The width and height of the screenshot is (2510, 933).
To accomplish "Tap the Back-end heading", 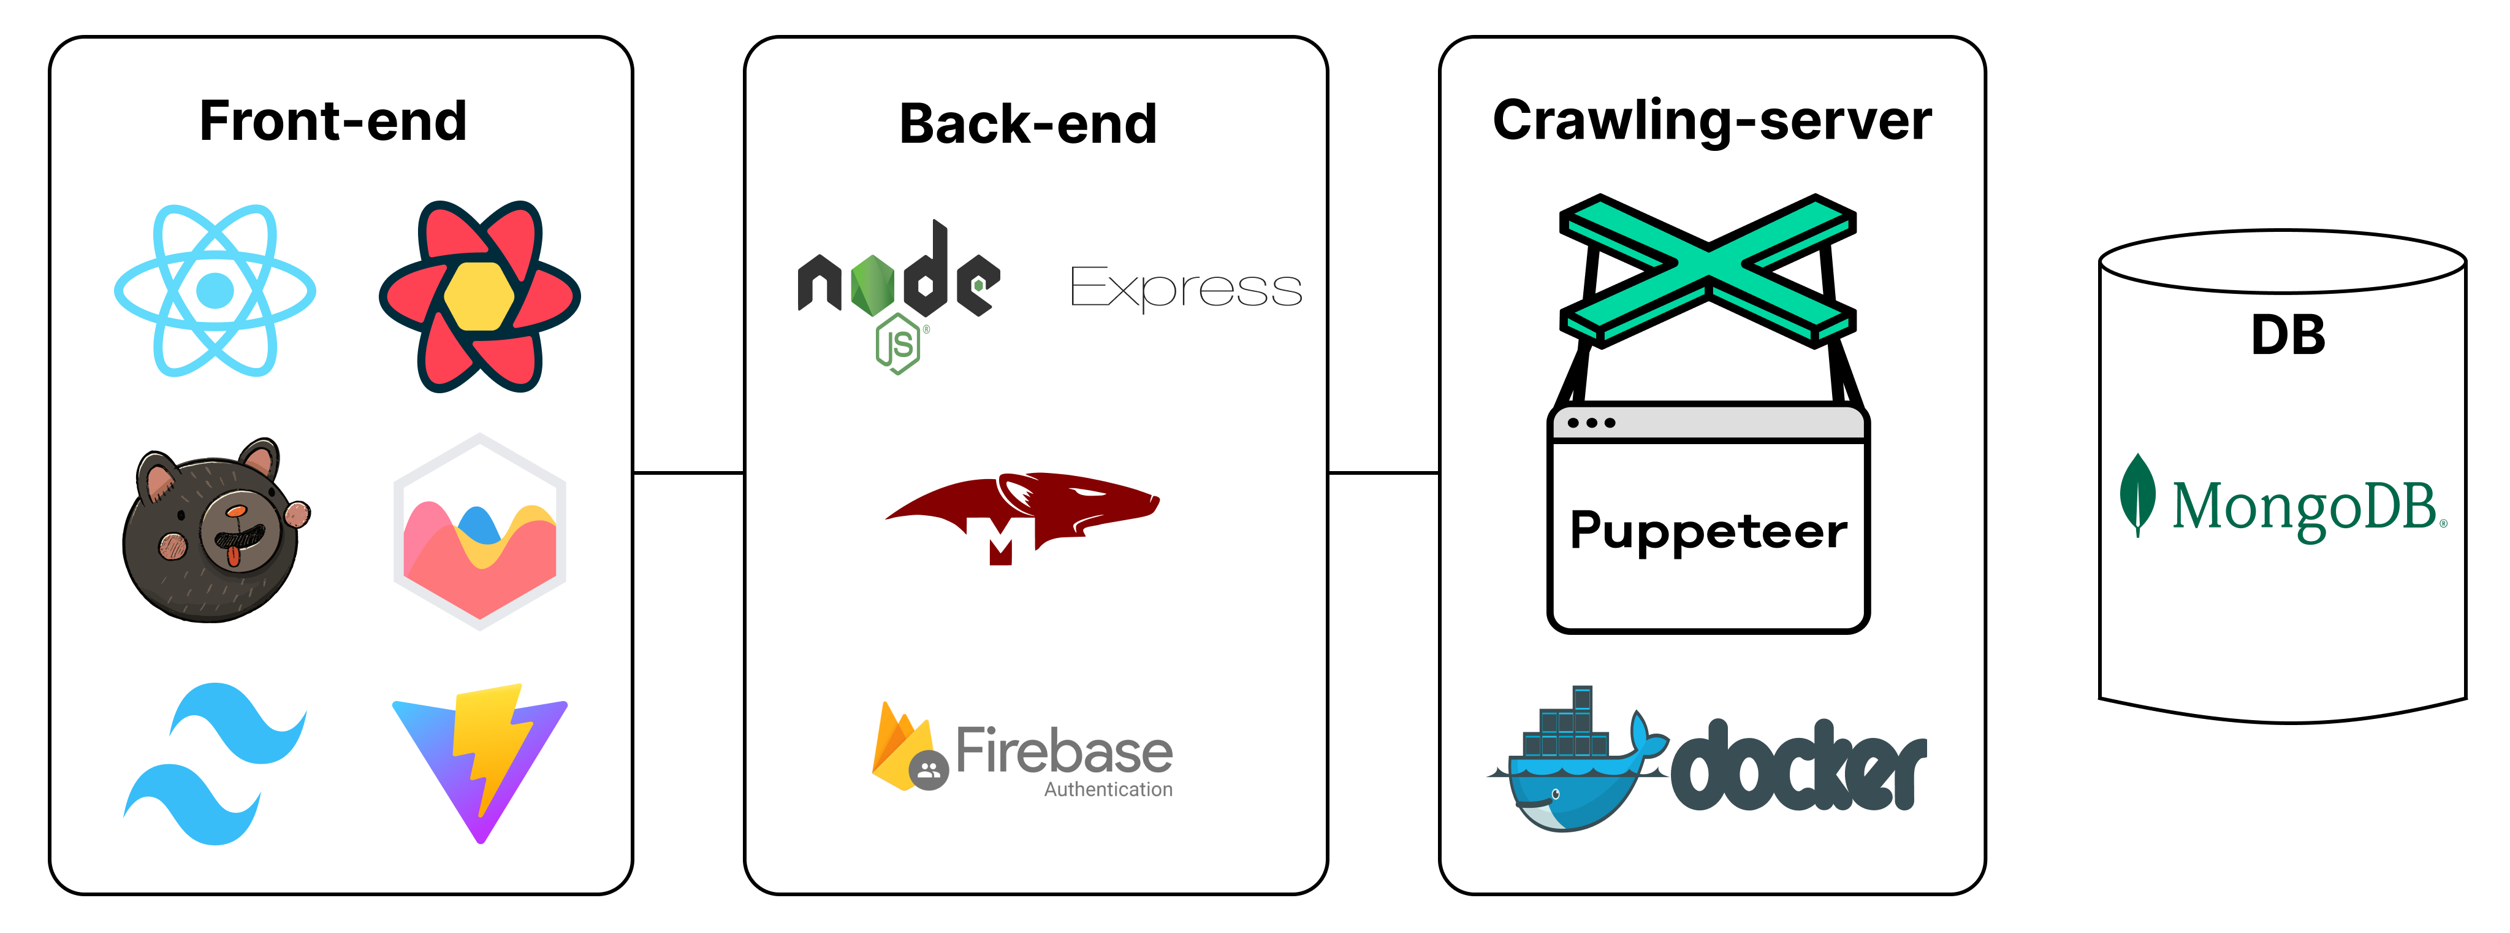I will tap(1028, 125).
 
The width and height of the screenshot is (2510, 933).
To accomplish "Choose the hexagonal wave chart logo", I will tap(479, 531).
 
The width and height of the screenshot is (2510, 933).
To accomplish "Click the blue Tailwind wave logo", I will tap(215, 763).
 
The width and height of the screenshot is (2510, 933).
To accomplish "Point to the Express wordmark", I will tap(1186, 288).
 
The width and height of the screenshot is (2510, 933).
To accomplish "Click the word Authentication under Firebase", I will tap(1108, 789).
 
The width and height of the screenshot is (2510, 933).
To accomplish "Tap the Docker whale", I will tap(1573, 770).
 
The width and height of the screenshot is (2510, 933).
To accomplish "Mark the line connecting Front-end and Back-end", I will tap(688, 473).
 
